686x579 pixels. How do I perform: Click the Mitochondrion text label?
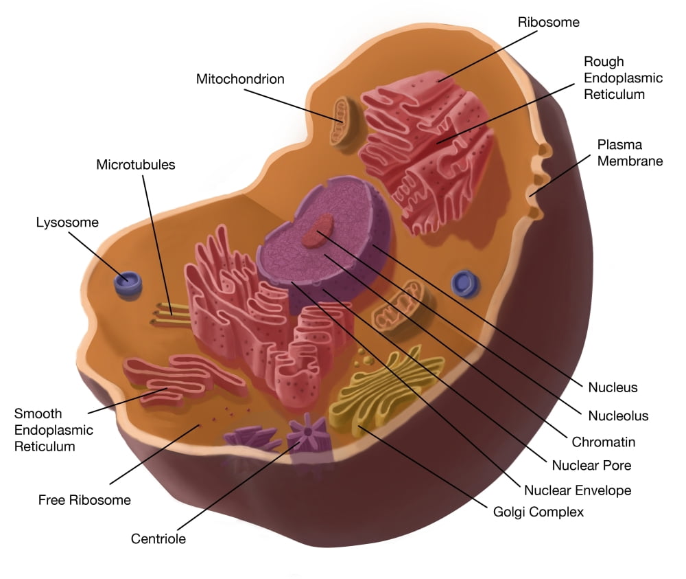pos(240,79)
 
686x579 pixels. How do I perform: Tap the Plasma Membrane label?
pos(630,152)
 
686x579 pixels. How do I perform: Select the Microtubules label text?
pos(136,165)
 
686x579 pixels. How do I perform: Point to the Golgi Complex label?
pos(539,512)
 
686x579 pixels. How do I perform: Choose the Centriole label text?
pos(158,538)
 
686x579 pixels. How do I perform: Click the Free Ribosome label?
pos(84,500)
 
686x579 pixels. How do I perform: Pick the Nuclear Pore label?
pos(591,465)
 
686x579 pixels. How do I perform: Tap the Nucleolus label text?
pos(618,416)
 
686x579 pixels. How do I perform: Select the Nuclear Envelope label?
pos(578,490)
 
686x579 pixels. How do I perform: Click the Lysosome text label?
pos(67,223)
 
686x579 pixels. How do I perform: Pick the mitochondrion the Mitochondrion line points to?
pos(341,121)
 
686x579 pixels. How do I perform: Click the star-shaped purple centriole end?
pos(306,431)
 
